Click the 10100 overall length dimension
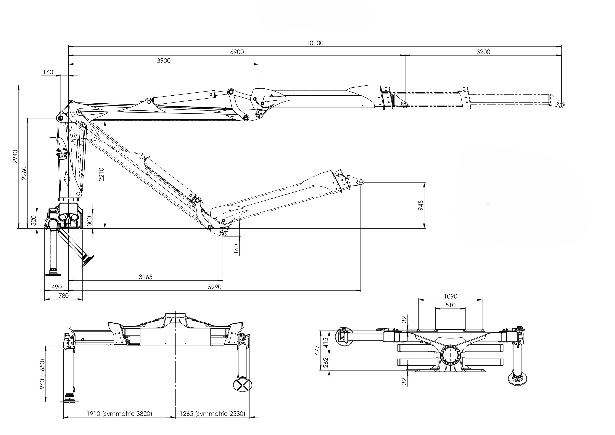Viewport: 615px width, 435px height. coord(315,43)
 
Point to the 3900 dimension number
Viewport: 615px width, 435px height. coord(163,61)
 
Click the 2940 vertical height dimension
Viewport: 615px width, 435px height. coord(15,157)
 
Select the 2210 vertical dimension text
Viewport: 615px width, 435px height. coord(101,174)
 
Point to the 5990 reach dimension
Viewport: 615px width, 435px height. coord(215,287)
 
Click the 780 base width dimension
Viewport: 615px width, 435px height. coord(63,296)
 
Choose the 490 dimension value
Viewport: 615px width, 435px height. coord(57,287)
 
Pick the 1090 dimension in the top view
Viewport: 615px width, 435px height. coord(450,296)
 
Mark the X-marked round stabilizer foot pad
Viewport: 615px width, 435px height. coord(242,385)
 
